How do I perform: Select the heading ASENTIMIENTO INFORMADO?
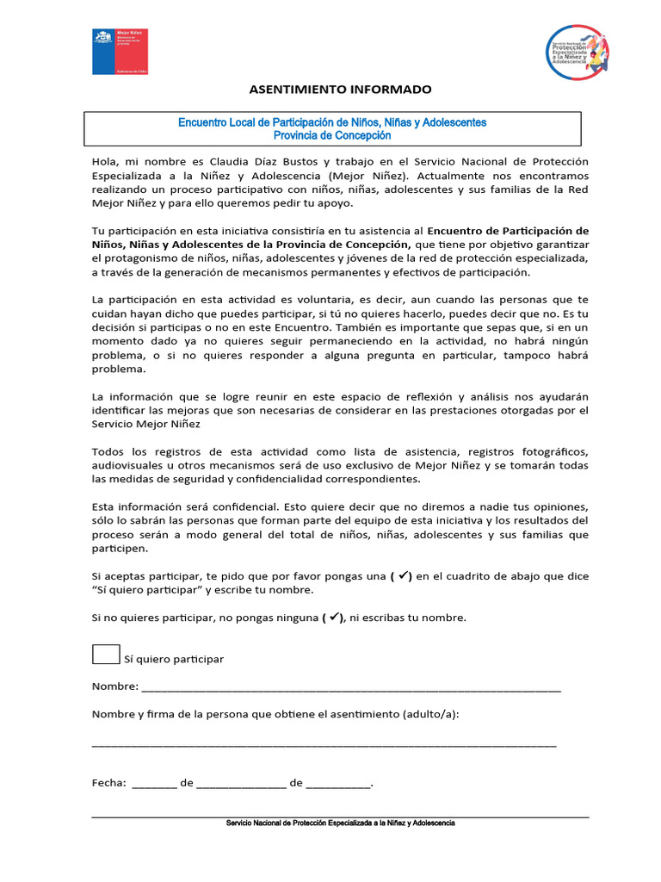pos(340,90)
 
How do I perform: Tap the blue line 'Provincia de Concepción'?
pos(331,135)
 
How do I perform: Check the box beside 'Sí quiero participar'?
pos(106,654)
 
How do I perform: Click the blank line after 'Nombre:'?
pos(351,687)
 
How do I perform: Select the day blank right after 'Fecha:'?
pos(155,784)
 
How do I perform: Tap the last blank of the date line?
pos(338,784)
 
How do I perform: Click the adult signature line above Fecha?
pos(324,743)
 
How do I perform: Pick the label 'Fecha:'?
pos(109,783)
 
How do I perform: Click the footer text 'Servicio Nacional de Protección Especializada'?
pos(340,823)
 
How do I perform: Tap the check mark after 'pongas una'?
pos(404,576)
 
